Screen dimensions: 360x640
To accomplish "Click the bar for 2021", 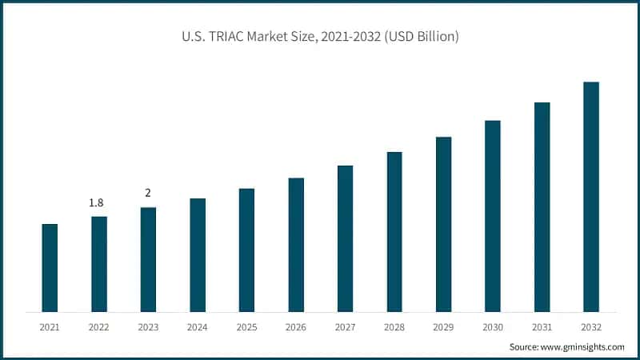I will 50,268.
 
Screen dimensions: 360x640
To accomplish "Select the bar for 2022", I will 99,264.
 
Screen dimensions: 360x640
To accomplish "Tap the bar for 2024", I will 198,255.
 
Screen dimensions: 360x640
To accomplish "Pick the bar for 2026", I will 296,245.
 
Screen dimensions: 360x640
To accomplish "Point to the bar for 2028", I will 394,232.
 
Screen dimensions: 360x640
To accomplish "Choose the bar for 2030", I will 493,216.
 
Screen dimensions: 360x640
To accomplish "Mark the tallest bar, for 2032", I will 591,197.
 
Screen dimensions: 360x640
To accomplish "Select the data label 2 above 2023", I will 148,194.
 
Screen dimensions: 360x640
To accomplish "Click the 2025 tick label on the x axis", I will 247,327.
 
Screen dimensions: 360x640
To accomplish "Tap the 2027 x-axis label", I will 346,327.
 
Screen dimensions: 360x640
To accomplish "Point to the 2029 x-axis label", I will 444,327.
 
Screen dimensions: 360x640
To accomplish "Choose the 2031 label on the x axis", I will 542,327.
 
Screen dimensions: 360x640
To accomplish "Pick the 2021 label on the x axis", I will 50,327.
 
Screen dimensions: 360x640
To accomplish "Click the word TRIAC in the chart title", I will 225,37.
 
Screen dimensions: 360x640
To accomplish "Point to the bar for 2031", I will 542,207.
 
